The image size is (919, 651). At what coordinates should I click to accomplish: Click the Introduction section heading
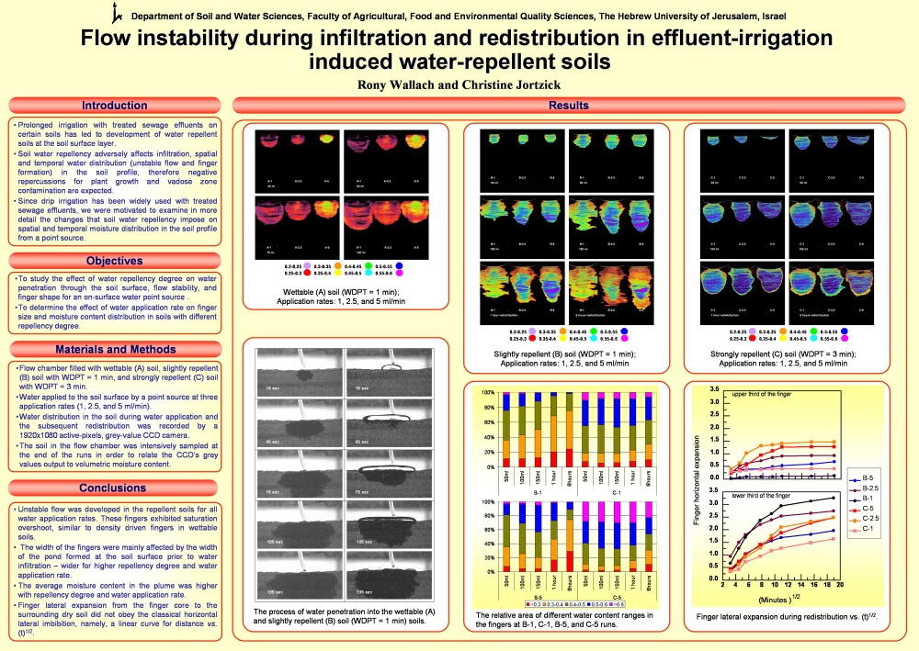(115, 106)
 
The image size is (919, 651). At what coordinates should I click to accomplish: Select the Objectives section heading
(115, 261)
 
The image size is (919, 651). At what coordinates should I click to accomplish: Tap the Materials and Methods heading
(115, 349)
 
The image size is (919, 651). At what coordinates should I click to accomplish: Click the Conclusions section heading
(115, 488)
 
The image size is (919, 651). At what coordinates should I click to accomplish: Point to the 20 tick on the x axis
(841, 585)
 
